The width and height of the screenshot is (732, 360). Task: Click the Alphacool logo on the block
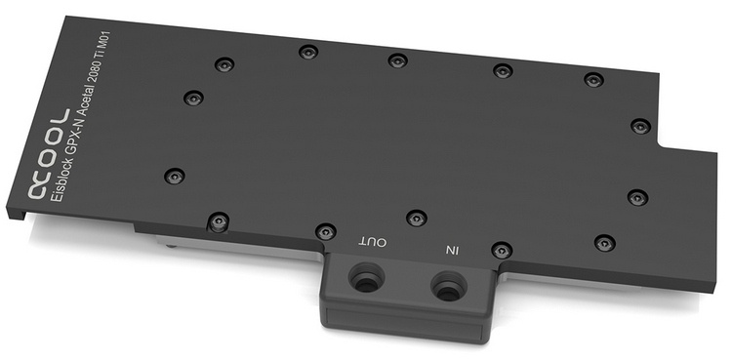click(49, 154)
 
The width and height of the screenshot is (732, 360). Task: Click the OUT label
click(373, 243)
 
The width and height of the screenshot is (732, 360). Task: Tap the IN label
click(452, 251)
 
